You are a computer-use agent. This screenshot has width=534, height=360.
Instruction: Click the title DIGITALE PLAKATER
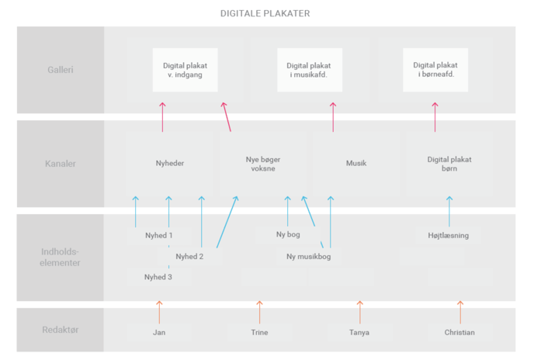tap(265, 13)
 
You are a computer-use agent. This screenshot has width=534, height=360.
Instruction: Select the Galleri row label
tap(61, 70)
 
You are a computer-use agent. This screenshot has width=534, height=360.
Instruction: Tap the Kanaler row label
tap(61, 164)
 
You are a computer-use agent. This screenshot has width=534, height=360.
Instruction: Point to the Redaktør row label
tap(61, 330)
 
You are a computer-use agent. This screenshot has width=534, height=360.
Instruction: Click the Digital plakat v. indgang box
tap(185, 70)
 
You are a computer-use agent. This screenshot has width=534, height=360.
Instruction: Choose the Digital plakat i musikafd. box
tap(310, 70)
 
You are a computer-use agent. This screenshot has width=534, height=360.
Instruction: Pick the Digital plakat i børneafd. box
tap(435, 70)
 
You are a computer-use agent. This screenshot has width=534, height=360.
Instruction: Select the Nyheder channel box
tap(170, 163)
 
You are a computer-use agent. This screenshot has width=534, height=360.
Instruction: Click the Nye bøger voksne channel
tap(263, 164)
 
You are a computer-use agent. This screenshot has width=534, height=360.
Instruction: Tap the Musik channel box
tap(356, 163)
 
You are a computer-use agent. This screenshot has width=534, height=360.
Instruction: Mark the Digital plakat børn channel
tap(449, 164)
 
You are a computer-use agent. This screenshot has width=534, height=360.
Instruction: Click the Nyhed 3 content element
tap(158, 277)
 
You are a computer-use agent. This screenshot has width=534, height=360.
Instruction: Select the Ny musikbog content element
tap(309, 257)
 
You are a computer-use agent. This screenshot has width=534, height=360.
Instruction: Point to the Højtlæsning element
tap(448, 235)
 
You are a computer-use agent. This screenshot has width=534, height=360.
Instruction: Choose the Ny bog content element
tap(288, 234)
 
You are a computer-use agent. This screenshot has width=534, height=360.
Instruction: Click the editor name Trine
tap(259, 332)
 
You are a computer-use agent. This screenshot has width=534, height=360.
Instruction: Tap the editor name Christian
tap(459, 332)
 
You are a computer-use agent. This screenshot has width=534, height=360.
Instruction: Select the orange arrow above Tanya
tap(360, 313)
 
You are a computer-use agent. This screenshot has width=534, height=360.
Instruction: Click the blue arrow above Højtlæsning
tap(449, 212)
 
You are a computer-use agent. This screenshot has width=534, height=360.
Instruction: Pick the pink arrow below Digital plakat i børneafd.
tap(435, 117)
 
